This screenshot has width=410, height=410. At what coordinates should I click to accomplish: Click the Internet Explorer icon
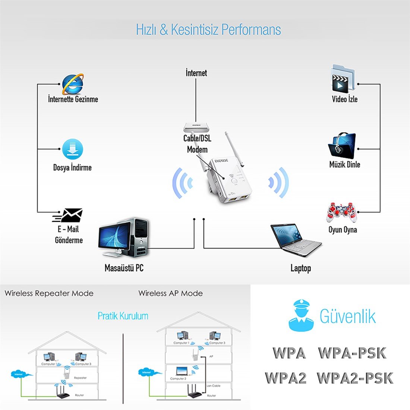click(73, 84)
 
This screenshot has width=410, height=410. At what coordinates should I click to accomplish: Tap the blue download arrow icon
click(72, 149)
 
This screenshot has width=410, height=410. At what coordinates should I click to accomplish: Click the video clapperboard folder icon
click(340, 79)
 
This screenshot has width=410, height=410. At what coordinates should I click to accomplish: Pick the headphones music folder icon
click(342, 146)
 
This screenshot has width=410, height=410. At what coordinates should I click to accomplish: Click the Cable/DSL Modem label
click(197, 144)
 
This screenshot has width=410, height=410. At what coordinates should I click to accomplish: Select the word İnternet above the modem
click(196, 73)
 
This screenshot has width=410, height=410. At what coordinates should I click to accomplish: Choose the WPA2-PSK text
click(355, 378)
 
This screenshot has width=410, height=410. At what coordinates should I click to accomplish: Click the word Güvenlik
click(347, 316)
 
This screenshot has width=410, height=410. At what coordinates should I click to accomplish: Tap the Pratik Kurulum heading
click(123, 316)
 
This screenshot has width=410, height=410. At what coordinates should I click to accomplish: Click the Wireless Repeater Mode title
click(49, 293)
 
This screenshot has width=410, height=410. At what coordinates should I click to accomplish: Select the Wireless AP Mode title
click(170, 293)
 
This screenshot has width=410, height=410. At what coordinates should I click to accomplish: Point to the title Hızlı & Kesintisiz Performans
click(208, 30)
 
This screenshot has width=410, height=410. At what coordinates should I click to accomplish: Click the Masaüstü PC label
click(124, 268)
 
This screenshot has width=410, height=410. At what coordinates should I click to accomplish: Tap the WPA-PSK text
click(352, 353)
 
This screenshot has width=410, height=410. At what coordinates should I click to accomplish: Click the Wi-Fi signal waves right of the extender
click(278, 183)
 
